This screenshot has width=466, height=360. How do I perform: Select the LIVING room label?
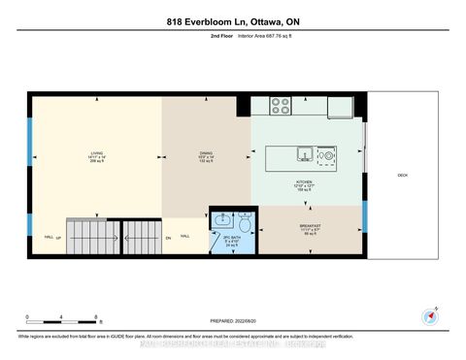[97, 155]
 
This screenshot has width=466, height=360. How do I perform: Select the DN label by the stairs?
[168, 237]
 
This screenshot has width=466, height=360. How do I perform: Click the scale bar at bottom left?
[63, 317]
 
